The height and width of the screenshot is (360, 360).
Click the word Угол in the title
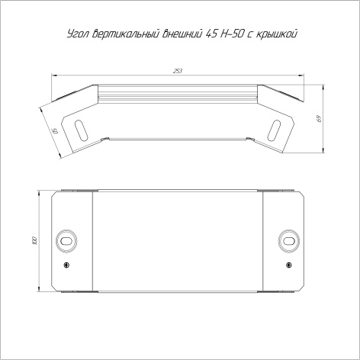(78, 34)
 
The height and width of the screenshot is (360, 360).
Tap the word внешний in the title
(182, 34)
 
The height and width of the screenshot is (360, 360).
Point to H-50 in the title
(232, 34)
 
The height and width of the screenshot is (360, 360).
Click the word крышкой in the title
(276, 34)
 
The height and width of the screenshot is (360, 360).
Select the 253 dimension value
(178, 71)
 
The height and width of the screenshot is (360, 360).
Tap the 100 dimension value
(35, 241)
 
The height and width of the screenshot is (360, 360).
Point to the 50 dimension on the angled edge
(54, 131)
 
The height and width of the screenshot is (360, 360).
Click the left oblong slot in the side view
(81, 130)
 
